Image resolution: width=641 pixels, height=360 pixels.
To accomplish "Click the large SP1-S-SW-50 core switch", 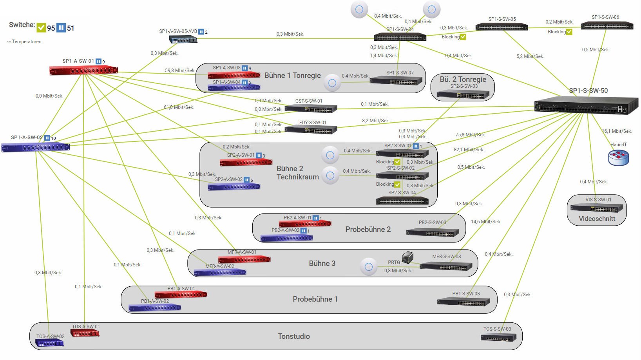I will point(585,105).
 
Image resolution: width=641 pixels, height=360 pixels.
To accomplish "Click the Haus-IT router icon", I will point(618,157).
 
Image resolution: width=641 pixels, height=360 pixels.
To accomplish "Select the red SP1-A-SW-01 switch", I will point(83,71).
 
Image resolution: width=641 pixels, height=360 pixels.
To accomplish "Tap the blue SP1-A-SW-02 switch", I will point(35,147).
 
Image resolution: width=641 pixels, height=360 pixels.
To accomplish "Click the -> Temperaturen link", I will point(24,42).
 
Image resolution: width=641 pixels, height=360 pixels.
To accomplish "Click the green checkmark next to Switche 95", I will point(41,28).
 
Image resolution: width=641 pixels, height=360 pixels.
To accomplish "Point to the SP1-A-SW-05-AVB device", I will point(183,39).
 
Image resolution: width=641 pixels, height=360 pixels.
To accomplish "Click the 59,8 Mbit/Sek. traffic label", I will point(179,71).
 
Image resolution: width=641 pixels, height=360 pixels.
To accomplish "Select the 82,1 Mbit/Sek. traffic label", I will point(469,150).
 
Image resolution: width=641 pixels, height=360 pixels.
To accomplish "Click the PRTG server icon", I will point(407,257).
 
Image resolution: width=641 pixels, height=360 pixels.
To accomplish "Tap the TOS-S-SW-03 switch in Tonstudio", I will point(498,337).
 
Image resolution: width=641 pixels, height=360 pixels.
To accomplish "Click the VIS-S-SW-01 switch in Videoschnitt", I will point(596,208).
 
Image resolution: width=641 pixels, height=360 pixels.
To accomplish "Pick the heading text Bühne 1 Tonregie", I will point(292,76).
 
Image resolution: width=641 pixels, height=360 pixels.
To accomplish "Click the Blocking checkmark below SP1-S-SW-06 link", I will point(569,32).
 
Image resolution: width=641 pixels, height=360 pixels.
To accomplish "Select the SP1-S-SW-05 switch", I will point(502,27).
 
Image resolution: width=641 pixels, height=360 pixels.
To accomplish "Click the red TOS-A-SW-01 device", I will point(85,333).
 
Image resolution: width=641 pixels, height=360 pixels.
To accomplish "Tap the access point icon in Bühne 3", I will point(368,267).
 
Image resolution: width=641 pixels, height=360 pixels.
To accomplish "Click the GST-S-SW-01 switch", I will point(311,109).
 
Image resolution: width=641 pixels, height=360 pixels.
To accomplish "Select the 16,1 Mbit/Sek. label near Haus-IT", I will point(617,131).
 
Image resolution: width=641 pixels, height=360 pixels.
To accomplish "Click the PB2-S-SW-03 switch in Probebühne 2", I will point(432,232).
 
